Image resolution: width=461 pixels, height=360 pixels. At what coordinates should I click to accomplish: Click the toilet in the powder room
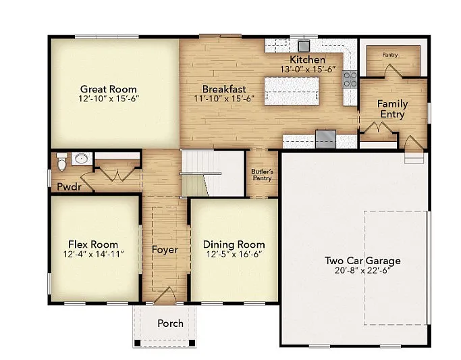tap(61, 163)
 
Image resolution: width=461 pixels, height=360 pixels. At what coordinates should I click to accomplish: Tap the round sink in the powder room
tap(81, 159)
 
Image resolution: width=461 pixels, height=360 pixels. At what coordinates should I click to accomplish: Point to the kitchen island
tap(291, 91)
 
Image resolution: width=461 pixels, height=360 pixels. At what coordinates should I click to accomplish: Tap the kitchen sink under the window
tap(304, 46)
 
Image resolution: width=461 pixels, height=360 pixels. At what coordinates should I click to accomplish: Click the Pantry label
tap(389, 54)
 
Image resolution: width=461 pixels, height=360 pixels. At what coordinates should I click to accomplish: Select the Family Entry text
tap(391, 109)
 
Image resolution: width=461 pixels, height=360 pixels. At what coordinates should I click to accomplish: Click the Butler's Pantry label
tap(262, 175)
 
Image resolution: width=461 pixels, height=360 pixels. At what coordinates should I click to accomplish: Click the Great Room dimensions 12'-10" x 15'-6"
tap(109, 99)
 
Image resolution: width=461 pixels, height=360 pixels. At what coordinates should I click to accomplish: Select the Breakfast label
tap(224, 88)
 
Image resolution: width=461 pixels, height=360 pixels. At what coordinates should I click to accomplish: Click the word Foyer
tap(165, 250)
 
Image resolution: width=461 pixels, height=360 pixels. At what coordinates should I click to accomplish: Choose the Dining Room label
tap(234, 245)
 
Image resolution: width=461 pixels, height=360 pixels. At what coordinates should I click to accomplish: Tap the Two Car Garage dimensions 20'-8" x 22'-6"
tap(362, 270)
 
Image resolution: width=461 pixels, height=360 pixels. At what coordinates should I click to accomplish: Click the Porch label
tap(170, 323)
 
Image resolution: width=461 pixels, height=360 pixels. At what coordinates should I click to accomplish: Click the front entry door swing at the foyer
tap(165, 295)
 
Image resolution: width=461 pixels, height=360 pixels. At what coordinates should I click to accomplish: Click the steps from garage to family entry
tap(414, 157)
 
